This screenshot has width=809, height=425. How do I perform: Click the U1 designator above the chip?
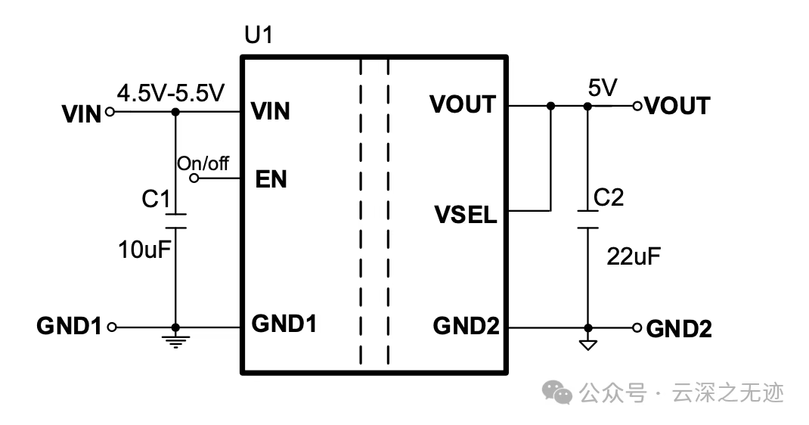[258, 36]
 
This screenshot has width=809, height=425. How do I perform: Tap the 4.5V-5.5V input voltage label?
[171, 94]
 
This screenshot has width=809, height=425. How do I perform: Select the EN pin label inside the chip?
[271, 180]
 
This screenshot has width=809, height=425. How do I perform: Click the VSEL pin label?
[465, 215]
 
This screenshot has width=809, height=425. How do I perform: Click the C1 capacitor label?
[156, 200]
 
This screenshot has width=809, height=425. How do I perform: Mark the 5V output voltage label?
[603, 88]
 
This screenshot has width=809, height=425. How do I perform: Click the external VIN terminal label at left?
[82, 114]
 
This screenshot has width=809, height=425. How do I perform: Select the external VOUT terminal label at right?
[677, 106]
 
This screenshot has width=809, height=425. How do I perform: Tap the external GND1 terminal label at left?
[69, 327]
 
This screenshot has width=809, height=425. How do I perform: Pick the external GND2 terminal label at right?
[679, 329]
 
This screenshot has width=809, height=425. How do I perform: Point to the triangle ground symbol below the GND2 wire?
[587, 345]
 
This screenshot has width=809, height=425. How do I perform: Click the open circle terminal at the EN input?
[194, 178]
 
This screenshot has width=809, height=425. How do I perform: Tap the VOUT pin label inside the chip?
[462, 104]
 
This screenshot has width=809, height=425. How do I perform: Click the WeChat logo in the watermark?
[560, 392]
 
